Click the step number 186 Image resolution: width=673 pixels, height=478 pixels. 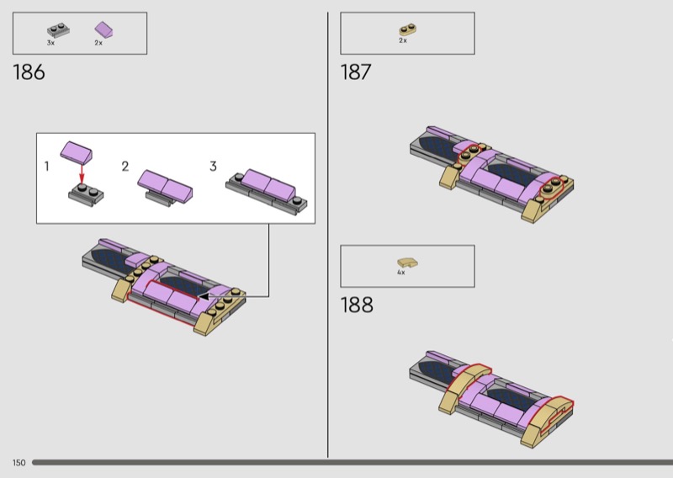pos(29,72)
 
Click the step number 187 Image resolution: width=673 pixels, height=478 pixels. pos(355,72)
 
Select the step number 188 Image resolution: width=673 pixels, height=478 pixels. pos(357,305)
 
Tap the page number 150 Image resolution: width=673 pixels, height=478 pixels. pos(19,463)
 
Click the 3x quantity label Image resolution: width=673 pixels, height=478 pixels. pos(50,43)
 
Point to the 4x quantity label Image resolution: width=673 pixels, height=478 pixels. pos(401,273)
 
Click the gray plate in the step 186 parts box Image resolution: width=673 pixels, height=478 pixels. pos(58,30)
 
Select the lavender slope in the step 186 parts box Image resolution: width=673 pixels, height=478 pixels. pos(104,29)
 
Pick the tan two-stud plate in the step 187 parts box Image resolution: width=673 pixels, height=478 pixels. pos(408,29)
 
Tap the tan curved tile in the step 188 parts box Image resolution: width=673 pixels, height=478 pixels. pos(407,263)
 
